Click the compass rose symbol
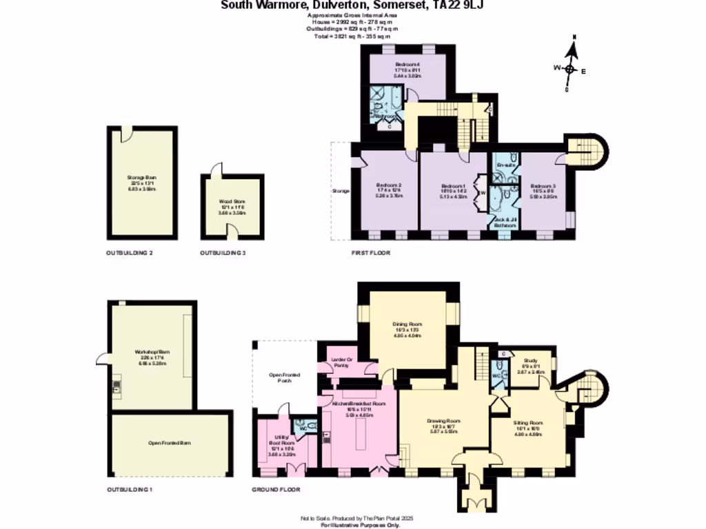(x=571, y=68)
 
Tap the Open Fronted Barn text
(x=169, y=444)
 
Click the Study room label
(x=530, y=360)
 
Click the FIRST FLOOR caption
(x=371, y=253)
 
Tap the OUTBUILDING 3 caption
(x=223, y=253)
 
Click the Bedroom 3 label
(x=543, y=186)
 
